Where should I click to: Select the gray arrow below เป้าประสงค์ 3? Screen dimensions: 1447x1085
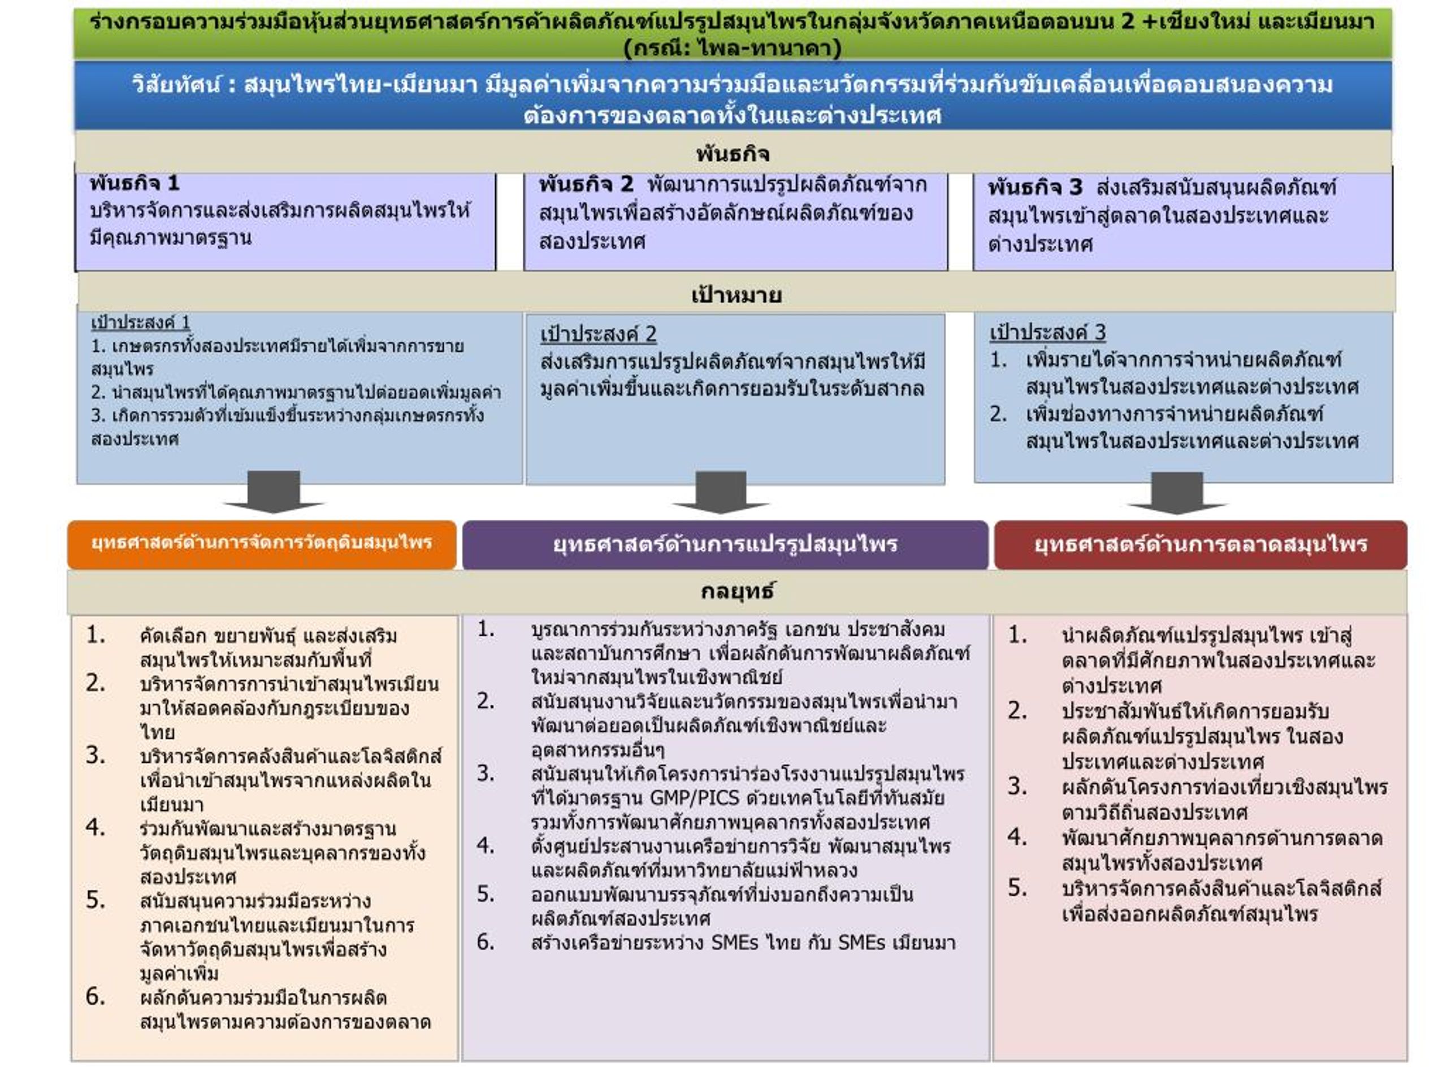(x=1177, y=493)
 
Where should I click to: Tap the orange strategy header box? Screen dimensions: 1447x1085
(x=262, y=544)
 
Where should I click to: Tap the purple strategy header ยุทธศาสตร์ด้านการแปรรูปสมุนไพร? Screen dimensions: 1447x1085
(x=725, y=545)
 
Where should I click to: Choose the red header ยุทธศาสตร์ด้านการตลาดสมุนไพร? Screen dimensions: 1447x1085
(x=1201, y=545)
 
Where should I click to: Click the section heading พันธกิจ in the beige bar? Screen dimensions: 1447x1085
(x=733, y=154)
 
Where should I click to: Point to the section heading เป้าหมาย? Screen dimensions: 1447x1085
(x=736, y=295)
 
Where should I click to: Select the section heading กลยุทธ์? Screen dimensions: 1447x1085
(x=737, y=591)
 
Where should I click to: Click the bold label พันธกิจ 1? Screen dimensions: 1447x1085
(x=135, y=183)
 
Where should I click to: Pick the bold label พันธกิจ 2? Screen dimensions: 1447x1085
(x=586, y=184)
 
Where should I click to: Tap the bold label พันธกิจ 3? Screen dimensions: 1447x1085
(x=1036, y=188)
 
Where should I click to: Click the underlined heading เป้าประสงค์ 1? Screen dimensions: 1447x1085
(x=141, y=323)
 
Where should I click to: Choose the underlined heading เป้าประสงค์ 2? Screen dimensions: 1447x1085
(x=598, y=334)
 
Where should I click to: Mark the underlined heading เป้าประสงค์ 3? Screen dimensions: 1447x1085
(x=1047, y=332)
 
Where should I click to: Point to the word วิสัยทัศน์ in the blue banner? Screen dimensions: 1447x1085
(x=176, y=85)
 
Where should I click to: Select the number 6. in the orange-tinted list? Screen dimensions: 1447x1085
(x=96, y=997)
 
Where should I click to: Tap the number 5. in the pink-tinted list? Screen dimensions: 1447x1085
(x=1017, y=887)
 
